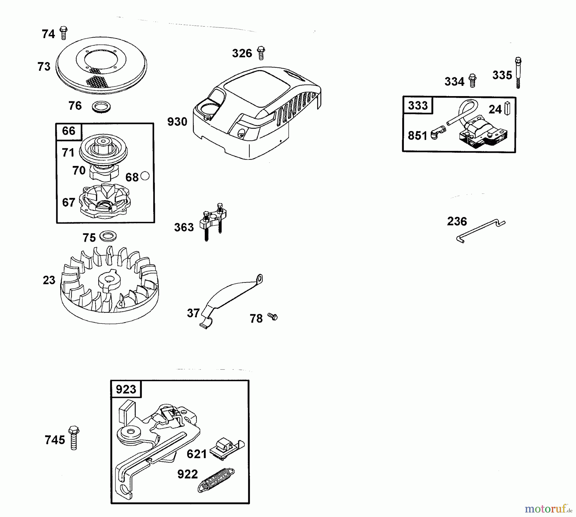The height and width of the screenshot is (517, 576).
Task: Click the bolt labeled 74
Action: pos(64,33)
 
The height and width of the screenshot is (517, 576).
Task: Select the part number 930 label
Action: pos(177,122)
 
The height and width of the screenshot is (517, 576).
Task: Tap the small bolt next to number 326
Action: pos(261,53)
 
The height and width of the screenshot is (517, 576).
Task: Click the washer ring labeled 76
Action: pos(101,107)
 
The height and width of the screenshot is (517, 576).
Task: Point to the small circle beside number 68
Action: pos(145,176)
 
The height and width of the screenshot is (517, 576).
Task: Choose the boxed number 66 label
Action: pos(69,131)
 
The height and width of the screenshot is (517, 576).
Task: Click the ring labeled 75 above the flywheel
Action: pos(108,236)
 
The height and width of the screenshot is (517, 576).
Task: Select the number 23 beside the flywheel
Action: pos(49,280)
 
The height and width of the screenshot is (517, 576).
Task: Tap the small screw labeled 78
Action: pos(273,317)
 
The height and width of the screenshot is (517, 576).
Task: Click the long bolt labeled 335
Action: pos(518,73)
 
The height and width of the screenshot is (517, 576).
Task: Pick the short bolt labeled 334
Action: pos(472,80)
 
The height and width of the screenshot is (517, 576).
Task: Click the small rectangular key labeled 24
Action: pos(507,108)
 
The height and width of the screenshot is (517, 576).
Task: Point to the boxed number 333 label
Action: pos(418,105)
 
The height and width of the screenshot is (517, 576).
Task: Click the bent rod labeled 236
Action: pos(480,231)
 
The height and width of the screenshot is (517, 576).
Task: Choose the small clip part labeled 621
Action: pos(227,449)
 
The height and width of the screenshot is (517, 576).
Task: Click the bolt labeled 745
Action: pos(74,438)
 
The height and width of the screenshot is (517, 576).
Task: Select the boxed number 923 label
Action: pos(126,389)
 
